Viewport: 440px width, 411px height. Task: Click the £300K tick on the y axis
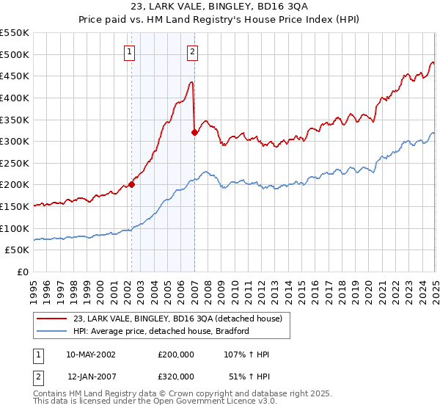(15, 141)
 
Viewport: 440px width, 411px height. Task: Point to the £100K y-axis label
(15, 228)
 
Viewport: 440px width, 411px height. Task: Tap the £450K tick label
(15, 76)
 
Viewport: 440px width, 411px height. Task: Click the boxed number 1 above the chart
(130, 51)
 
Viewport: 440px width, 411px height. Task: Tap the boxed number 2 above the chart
(192, 51)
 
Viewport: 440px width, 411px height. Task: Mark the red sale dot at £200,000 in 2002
(132, 185)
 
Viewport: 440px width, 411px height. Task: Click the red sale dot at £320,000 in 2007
(194, 133)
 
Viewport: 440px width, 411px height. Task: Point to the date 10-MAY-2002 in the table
(91, 354)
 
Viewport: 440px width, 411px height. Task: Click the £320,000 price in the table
(175, 376)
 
